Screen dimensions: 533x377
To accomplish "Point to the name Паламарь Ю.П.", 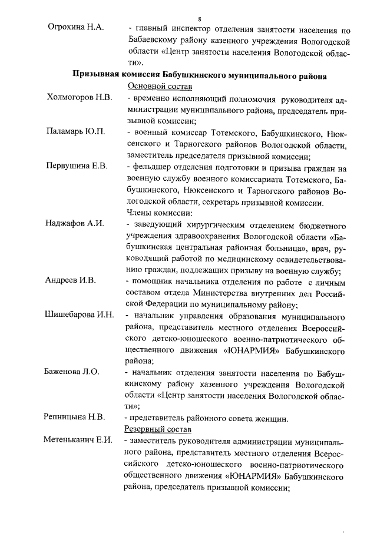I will point(75,131).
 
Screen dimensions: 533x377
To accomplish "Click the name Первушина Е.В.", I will point(77,165).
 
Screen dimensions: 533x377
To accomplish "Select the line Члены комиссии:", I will point(157,212).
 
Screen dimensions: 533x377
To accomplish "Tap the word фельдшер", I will point(154,166).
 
